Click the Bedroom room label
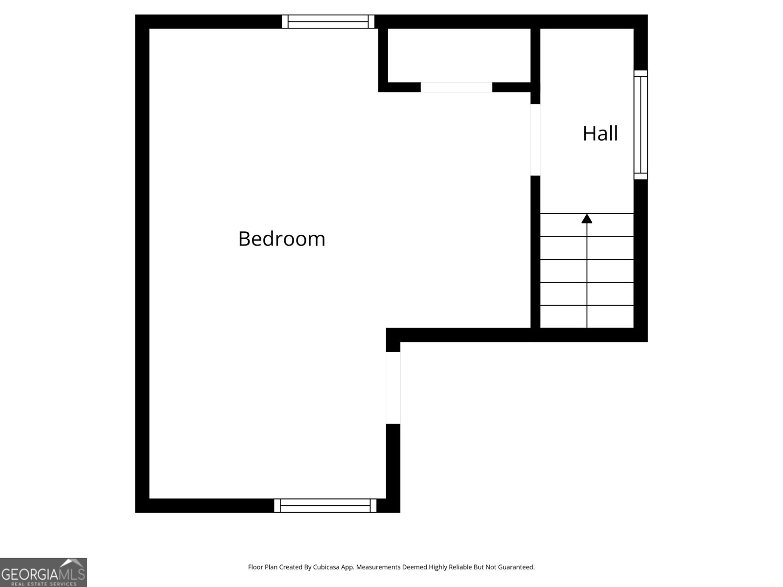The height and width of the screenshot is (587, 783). pos(281,238)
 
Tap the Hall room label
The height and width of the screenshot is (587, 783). pos(600,134)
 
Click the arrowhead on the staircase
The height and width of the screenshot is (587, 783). pos(587,219)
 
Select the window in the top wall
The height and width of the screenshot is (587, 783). pos(328,22)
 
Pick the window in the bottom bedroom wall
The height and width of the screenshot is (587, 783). pos(325,505)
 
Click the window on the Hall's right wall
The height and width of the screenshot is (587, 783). pos(641,125)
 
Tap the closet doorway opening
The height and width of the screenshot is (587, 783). pos(456,87)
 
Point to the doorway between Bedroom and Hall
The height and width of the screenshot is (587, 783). pos(535,140)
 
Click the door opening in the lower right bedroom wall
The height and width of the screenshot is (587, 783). pos(393,388)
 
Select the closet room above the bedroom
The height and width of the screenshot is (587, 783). pos(459,55)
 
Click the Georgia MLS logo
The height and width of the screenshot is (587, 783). pos(44,572)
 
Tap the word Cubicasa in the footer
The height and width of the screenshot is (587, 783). pos(326,567)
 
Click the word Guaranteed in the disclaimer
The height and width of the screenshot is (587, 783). pos(516,567)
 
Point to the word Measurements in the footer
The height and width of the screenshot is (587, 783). pos(378,567)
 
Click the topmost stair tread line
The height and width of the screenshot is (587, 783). pos(587,213)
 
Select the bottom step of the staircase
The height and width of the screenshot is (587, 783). pos(587,316)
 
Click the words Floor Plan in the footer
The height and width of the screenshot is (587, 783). pos(263,567)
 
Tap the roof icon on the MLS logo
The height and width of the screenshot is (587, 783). pos(73,563)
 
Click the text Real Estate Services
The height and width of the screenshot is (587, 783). pos(44,584)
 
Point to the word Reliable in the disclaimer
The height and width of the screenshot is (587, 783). pos(461,567)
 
